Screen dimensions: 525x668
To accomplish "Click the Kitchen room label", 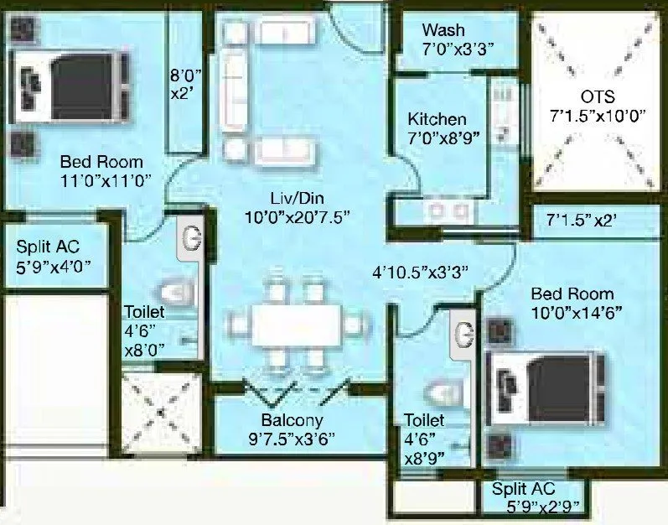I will (x=437, y=119).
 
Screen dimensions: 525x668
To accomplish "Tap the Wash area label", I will (x=443, y=31).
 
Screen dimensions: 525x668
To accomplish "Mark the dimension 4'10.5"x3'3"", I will (x=420, y=271).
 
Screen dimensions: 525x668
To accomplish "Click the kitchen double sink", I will (x=445, y=211).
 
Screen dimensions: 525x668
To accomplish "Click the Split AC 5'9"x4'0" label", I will (x=54, y=257).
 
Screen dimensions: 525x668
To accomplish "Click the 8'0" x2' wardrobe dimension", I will (x=184, y=83).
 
